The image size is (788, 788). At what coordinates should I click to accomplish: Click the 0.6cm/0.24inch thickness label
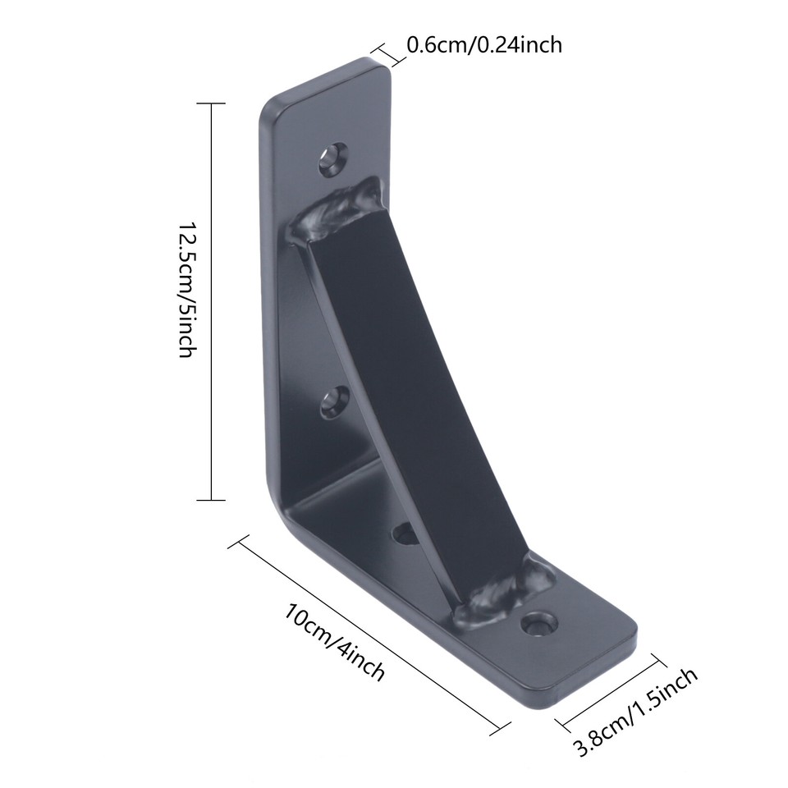(484, 44)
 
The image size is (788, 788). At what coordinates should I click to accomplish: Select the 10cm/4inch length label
(336, 642)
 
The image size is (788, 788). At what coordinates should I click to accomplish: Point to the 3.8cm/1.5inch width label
(636, 712)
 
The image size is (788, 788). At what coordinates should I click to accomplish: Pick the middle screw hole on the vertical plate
(333, 401)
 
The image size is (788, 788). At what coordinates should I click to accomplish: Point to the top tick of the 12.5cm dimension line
(212, 104)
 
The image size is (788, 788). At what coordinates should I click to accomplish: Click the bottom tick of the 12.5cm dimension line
(212, 499)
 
